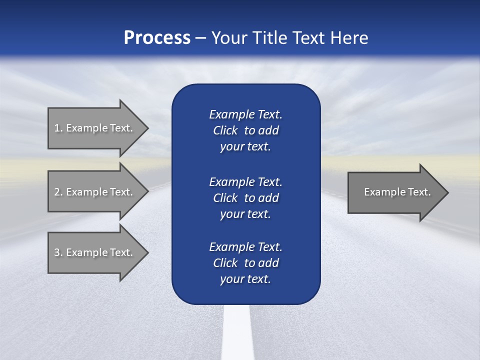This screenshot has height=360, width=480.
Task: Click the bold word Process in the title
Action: coord(157,38)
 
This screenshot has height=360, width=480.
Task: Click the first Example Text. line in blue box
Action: coord(245,114)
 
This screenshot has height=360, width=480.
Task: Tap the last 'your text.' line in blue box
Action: coord(245,279)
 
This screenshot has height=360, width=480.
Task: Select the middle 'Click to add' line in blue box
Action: coord(245,198)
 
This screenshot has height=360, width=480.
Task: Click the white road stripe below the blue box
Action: coord(237,332)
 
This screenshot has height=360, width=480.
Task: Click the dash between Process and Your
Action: coord(200,38)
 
